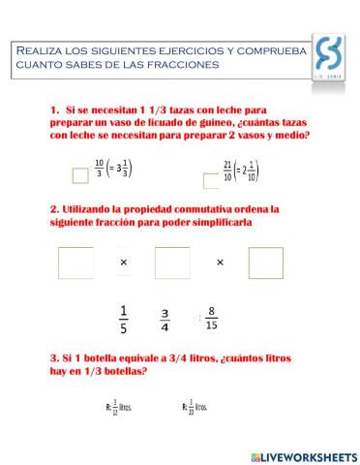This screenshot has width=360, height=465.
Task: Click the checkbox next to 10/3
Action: point(80,174)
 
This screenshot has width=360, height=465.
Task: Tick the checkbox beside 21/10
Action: point(211,180)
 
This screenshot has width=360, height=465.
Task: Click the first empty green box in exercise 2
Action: point(75,263)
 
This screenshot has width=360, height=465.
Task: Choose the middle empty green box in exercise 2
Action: point(172,263)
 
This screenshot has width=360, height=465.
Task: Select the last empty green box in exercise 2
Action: point(265,263)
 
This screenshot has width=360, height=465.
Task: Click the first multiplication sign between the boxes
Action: point(124,263)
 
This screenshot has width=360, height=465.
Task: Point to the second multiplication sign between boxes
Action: point(220,263)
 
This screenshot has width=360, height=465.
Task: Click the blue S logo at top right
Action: point(330,56)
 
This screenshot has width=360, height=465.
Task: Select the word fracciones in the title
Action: point(187,64)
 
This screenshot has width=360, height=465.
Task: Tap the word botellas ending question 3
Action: point(124,372)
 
